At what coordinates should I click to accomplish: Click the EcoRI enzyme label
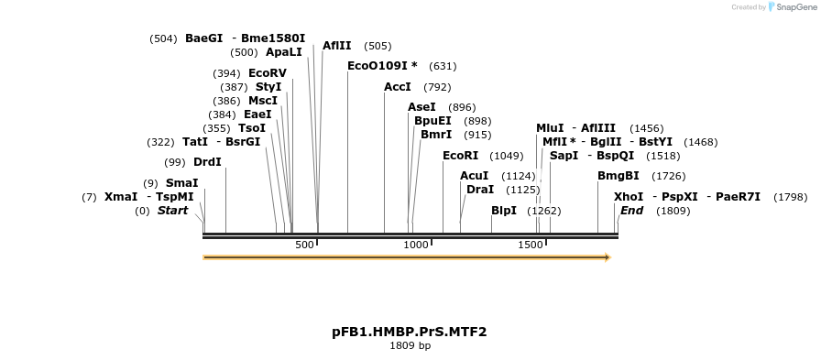pyautogui.click(x=461, y=156)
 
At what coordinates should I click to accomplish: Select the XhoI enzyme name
pyautogui.click(x=629, y=197)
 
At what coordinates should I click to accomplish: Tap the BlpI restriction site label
pyautogui.click(x=504, y=211)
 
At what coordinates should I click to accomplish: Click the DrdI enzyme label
pyautogui.click(x=207, y=162)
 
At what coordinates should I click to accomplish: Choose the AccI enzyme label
pyautogui.click(x=398, y=87)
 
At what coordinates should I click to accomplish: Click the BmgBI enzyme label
pyautogui.click(x=618, y=176)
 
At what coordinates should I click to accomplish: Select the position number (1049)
pyautogui.click(x=507, y=156)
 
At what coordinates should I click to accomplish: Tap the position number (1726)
pyautogui.click(x=668, y=176)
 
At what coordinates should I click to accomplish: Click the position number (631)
pyautogui.click(x=443, y=66)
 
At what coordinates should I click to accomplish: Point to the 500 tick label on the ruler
pyautogui.click(x=305, y=245)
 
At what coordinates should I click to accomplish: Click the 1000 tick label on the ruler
pyautogui.click(x=417, y=245)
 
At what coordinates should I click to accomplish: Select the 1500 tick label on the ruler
pyautogui.click(x=531, y=245)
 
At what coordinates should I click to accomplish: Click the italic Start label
pyautogui.click(x=172, y=211)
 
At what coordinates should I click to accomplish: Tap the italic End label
pyautogui.click(x=631, y=211)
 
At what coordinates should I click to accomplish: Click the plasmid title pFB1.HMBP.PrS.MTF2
pyautogui.click(x=410, y=332)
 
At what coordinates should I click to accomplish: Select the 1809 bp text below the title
pyautogui.click(x=410, y=346)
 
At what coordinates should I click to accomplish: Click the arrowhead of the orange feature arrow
pyautogui.click(x=607, y=257)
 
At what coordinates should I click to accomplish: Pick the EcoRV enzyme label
pyautogui.click(x=268, y=73)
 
